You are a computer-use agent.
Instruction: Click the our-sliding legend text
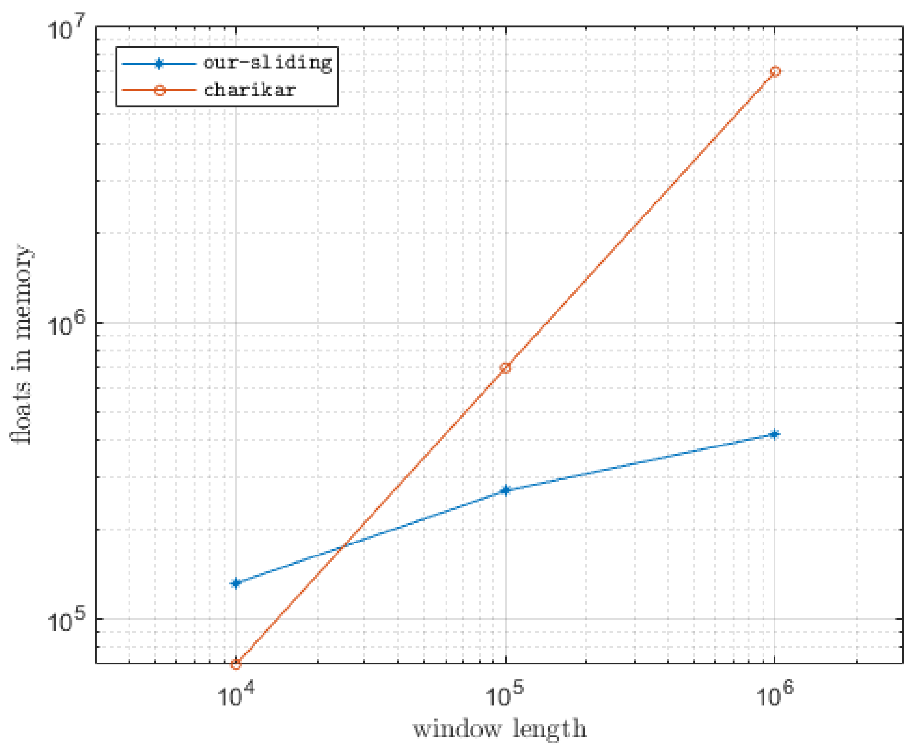pos(268,63)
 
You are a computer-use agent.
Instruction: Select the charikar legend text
pos(250,90)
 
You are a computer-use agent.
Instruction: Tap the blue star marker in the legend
pos(159,64)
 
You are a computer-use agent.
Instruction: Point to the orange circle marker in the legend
pos(159,90)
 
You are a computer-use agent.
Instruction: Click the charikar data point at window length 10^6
pos(775,71)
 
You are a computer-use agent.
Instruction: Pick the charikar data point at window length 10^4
pos(235,664)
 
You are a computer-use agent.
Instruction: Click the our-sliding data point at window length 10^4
pos(235,583)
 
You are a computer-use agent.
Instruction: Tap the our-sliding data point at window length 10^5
pos(505,490)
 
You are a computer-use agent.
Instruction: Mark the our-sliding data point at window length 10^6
pos(775,435)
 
